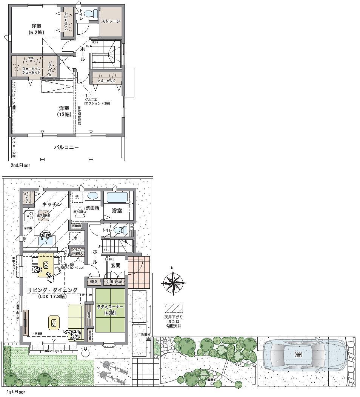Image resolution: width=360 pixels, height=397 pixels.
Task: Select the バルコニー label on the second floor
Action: coord(66,148)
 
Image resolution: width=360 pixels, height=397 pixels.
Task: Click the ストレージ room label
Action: coord(111,21)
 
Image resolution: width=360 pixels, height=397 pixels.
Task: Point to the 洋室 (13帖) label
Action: coord(63,111)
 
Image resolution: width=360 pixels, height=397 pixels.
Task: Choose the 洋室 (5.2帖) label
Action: coord(36,29)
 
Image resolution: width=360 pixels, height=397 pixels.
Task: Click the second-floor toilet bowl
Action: coord(89,14)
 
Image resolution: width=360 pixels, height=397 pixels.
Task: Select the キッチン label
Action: coord(52,204)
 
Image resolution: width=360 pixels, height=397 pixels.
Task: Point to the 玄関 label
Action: coord(115,265)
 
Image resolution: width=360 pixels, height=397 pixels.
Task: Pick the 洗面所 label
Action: coord(92,208)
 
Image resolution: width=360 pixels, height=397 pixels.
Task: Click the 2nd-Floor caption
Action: coord(20,165)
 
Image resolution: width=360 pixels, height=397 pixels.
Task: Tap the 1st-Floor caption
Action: coord(15,392)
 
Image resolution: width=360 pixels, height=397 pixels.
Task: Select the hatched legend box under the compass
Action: coord(174,308)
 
